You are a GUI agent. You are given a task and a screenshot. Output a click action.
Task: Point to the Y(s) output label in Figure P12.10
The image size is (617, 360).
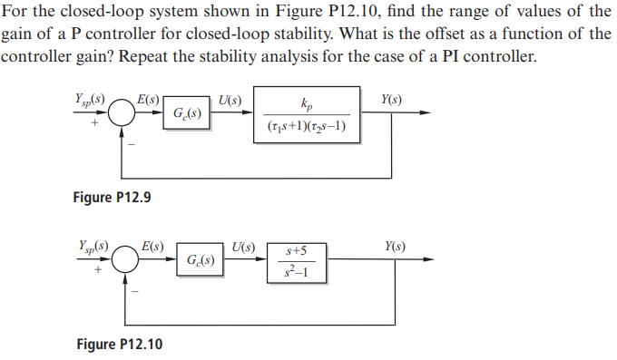pos(395,246)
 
